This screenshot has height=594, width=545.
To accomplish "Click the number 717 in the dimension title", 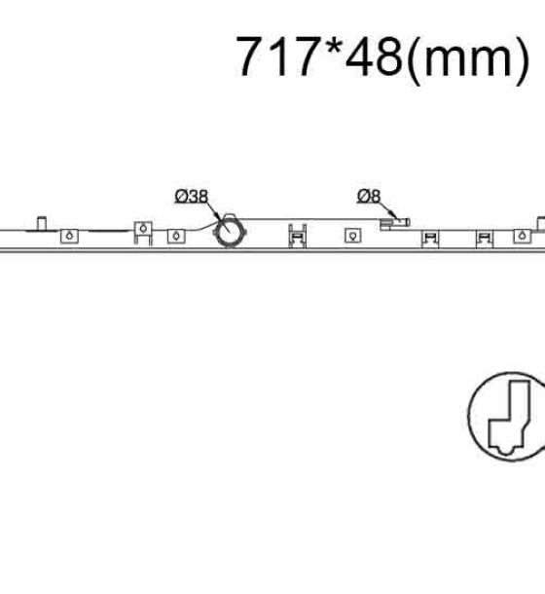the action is pos(276,56).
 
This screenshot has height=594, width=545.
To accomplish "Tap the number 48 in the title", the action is pos(374,56).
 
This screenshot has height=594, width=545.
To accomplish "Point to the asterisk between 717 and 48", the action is pos(332,48).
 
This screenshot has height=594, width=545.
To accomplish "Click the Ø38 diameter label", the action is pos(192,197).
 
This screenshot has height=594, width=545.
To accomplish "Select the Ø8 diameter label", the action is pos(369,196).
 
